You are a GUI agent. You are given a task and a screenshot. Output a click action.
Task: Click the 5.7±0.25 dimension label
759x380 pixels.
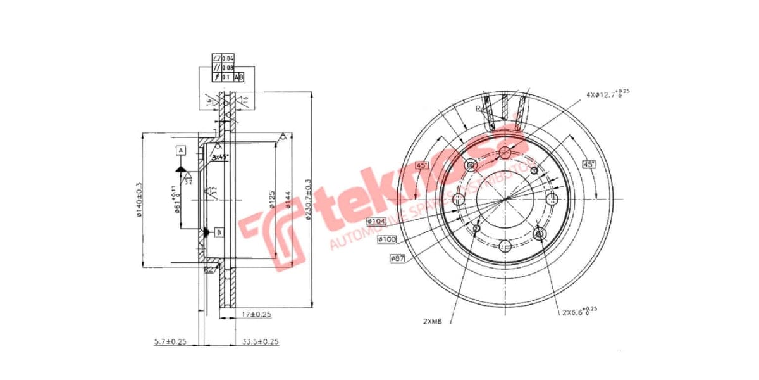[170, 341]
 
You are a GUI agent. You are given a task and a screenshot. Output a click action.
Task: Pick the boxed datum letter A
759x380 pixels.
[180, 150]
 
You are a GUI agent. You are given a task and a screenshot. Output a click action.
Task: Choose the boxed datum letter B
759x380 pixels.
[218, 232]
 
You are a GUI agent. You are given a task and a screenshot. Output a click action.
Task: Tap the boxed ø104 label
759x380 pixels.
[377, 221]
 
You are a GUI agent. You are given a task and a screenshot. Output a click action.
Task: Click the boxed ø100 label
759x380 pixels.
[386, 239]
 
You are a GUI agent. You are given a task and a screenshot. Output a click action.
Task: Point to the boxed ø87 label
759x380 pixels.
[397, 258]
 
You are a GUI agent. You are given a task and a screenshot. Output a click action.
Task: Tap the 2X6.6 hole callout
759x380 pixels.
[577, 311]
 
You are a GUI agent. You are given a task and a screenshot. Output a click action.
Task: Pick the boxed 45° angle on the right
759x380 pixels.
[589, 165]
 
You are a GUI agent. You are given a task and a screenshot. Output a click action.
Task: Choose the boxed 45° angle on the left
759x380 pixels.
[421, 165]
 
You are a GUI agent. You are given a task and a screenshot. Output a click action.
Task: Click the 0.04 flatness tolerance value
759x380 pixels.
[228, 58]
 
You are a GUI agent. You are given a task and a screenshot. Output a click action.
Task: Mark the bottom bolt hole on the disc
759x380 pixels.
[505, 246]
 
